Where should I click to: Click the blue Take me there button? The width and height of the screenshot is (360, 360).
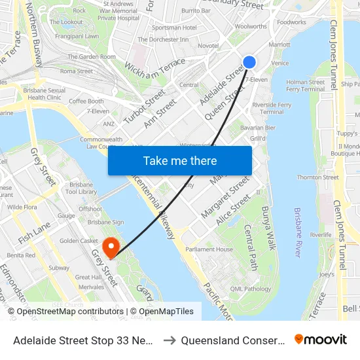[180, 160]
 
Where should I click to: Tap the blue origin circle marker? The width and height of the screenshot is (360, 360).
[249, 62]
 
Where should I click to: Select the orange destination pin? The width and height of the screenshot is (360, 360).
[112, 247]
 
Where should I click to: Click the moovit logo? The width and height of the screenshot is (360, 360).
[321, 340]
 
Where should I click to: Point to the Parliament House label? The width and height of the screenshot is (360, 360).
[209, 249]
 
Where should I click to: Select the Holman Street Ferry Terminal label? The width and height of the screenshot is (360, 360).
[305, 86]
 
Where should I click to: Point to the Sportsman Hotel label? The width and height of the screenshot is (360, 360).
[173, 27]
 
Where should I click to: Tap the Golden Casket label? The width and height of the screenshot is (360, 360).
[79, 241]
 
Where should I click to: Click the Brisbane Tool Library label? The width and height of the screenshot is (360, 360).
[82, 189]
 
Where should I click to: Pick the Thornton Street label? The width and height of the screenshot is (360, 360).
[317, 177]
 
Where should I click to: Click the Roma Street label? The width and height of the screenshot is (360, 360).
[76, 71]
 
